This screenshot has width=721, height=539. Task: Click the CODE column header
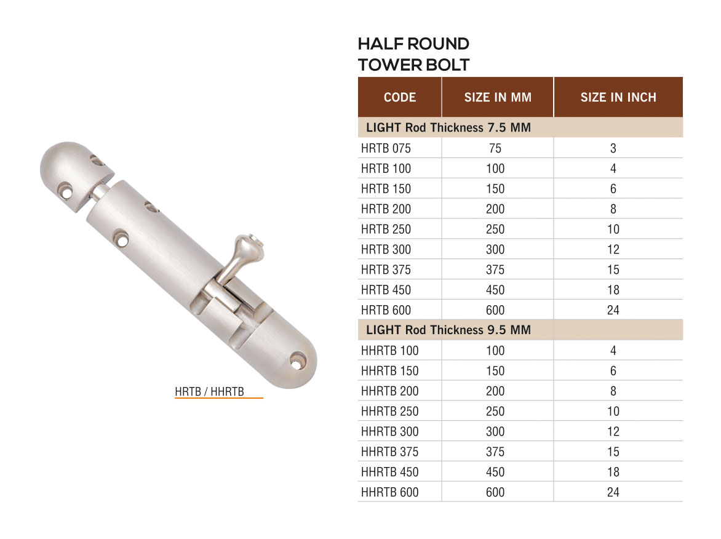click(399, 97)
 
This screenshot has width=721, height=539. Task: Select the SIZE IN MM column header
click(498, 97)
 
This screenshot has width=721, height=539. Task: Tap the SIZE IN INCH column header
click(618, 97)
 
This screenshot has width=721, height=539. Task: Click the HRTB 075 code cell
click(386, 148)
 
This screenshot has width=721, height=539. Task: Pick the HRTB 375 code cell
click(386, 269)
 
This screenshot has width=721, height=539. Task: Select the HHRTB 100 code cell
click(389, 351)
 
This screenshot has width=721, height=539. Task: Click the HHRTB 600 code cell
click(389, 492)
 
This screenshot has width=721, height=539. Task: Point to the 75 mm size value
click(495, 148)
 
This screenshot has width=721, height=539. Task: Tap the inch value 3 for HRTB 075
click(613, 148)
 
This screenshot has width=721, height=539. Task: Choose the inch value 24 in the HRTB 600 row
click(613, 310)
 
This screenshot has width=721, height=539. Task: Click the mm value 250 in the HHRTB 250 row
click(495, 411)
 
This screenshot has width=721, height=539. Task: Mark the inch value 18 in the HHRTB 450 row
click(613, 472)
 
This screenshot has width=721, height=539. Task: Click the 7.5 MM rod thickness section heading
click(448, 128)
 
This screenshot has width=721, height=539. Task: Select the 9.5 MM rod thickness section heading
click(448, 330)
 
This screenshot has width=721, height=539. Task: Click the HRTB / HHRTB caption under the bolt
click(209, 391)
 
